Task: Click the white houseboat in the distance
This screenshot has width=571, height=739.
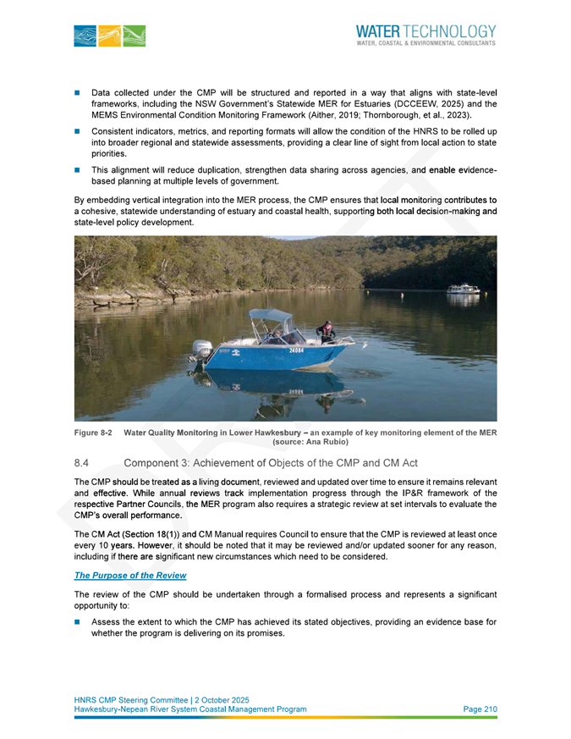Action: point(463,290)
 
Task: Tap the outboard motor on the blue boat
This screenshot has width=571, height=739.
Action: point(201,350)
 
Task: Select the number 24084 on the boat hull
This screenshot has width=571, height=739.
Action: point(297,349)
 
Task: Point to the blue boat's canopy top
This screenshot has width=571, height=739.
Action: point(271,316)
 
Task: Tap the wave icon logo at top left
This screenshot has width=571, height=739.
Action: point(110,36)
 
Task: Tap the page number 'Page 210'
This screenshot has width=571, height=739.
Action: point(480,709)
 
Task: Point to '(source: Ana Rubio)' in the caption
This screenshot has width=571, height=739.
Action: point(310,442)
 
